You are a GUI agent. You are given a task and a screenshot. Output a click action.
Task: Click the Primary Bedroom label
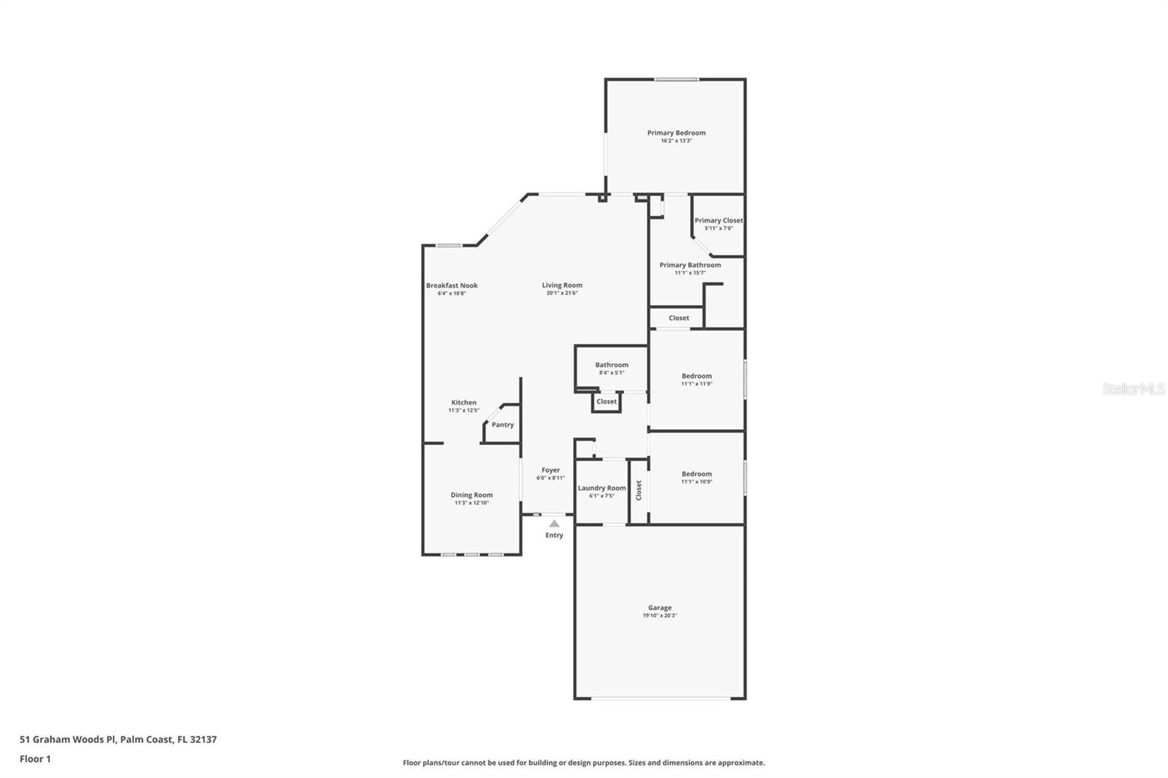(x=676, y=133)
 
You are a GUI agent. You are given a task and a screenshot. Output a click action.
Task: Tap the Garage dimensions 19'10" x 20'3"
(x=659, y=616)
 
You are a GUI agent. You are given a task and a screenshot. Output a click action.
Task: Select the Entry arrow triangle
(x=554, y=523)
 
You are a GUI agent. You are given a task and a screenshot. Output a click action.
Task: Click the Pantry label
(x=502, y=425)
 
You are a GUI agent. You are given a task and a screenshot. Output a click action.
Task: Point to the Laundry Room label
(x=602, y=488)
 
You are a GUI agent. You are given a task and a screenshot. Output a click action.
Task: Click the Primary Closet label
(x=718, y=220)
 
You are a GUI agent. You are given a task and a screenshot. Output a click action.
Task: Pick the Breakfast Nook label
(x=452, y=285)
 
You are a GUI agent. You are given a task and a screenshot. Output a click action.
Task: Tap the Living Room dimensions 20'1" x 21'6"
(x=562, y=293)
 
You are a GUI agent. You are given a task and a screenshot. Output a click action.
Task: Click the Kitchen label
(x=464, y=403)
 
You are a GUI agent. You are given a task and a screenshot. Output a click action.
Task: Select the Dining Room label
(x=472, y=495)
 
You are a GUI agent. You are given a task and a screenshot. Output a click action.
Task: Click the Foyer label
(x=550, y=471)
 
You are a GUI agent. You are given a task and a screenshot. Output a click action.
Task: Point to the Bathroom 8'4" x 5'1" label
(x=611, y=365)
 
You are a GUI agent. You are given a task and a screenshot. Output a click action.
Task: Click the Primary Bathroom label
(x=690, y=265)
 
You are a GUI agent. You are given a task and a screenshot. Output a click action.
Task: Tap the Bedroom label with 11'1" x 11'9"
(x=696, y=376)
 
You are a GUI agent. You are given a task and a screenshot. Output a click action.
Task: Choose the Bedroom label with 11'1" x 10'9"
(x=696, y=474)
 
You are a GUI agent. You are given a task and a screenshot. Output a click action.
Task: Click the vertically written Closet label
(x=639, y=490)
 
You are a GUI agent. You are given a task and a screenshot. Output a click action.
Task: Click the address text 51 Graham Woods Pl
(x=67, y=739)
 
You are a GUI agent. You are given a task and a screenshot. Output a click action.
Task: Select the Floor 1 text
(x=35, y=759)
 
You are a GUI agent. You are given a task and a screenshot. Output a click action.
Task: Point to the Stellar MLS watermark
(x=1133, y=389)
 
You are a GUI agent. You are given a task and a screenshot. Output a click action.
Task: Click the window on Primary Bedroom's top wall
(x=676, y=80)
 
